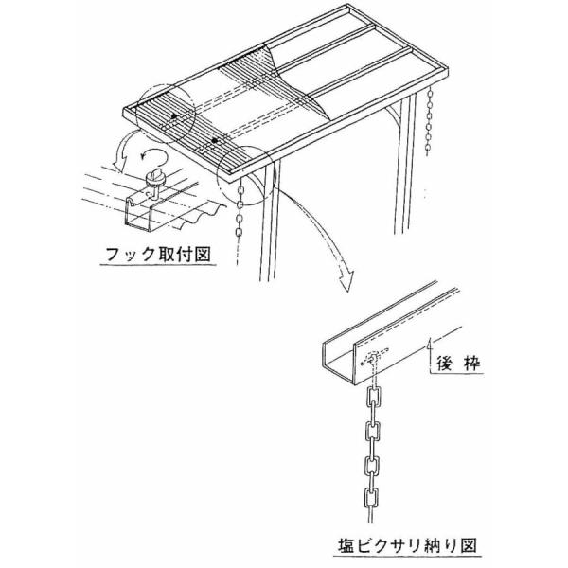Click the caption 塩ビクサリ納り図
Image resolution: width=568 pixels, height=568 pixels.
click(x=369, y=546)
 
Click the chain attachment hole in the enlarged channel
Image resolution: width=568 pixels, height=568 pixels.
click(x=372, y=356)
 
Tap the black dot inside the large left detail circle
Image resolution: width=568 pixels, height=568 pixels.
click(x=175, y=116)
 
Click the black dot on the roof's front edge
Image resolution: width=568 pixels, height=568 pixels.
click(x=217, y=141)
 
